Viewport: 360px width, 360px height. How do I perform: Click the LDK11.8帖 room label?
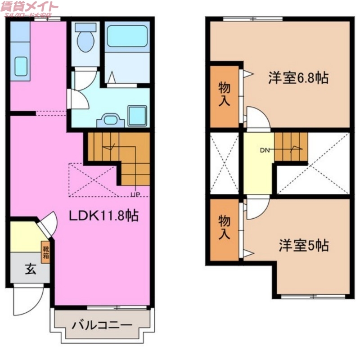point(103,216)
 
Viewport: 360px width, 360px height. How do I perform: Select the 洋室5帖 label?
point(303,246)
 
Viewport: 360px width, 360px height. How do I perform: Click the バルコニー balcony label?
point(102,324)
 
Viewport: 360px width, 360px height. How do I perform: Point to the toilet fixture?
point(85,39)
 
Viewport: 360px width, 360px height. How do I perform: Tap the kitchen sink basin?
point(21,66)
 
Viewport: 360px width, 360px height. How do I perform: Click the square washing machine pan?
point(137,116)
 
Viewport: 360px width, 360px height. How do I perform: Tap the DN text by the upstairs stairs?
point(265,150)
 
